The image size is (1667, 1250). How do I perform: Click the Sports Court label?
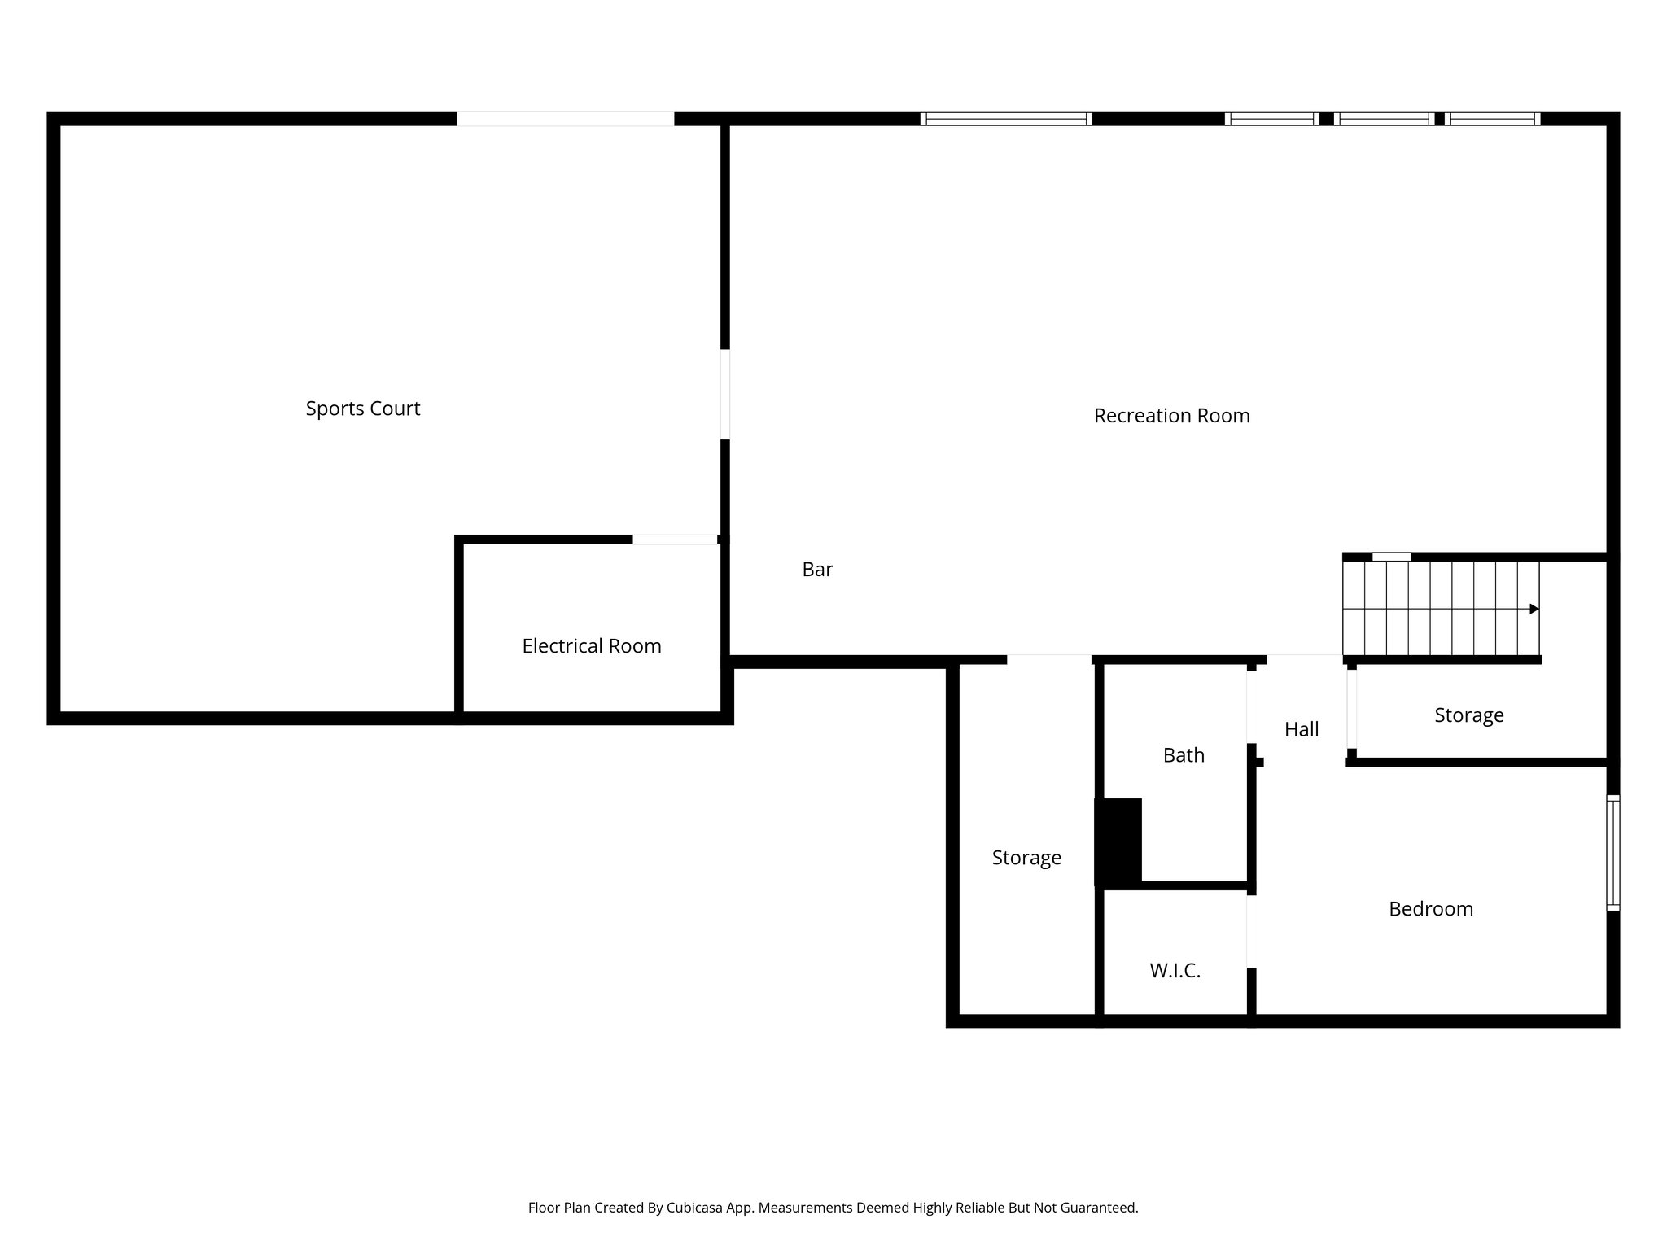point(363,409)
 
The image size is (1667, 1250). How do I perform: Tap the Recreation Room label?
point(1171,416)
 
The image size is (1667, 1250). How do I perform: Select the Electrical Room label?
point(592,646)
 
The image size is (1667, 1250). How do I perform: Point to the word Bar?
point(817,570)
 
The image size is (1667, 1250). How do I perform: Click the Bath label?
point(1184,755)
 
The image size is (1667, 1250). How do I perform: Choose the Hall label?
point(1302,730)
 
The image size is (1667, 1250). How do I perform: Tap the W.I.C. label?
point(1175,971)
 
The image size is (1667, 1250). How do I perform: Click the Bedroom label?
point(1431,909)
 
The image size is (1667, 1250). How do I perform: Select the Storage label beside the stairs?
point(1468,715)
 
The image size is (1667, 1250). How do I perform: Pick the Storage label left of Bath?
point(1026,858)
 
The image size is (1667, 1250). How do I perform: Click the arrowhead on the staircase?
point(1534,609)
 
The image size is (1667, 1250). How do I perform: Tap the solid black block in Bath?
point(1119,842)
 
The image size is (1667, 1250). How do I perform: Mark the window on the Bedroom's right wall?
point(1612,852)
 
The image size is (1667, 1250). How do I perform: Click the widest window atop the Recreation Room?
point(1006,119)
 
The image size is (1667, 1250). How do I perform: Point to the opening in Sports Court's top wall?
point(565,119)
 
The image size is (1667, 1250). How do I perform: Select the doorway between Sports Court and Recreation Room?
point(724,395)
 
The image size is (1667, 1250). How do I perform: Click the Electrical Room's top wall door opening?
point(675,540)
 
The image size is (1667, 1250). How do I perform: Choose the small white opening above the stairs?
point(1391,557)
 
